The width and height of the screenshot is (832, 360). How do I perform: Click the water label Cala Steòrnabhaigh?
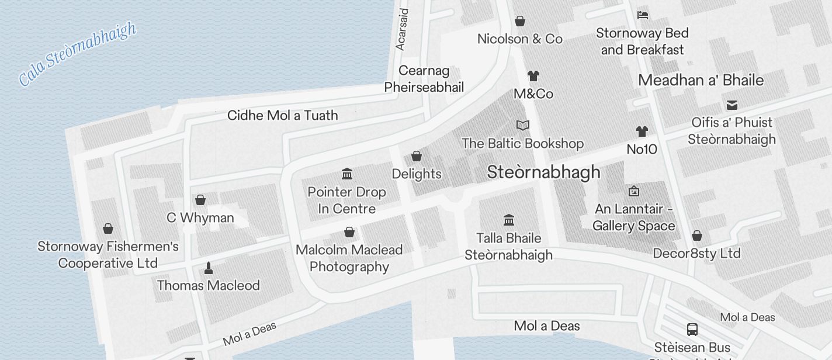(x=77, y=54)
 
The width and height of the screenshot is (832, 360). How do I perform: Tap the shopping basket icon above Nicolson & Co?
(x=520, y=22)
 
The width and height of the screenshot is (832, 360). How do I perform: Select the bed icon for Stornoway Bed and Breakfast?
(x=643, y=15)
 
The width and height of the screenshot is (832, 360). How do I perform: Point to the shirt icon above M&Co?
(x=533, y=76)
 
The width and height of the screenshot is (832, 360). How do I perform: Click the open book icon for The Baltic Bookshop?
(x=523, y=125)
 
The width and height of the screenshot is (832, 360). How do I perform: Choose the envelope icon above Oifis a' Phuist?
(x=732, y=105)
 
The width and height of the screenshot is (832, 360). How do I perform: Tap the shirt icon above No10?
(x=642, y=131)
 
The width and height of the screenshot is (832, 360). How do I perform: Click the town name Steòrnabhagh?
(x=543, y=172)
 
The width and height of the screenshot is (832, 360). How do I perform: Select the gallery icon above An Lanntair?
(x=634, y=191)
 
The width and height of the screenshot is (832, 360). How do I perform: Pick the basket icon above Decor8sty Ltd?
(x=696, y=236)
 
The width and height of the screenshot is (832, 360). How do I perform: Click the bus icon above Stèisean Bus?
(x=692, y=329)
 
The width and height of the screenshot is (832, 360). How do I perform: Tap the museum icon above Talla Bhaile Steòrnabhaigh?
(x=508, y=220)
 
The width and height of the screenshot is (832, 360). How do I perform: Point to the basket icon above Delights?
(x=417, y=156)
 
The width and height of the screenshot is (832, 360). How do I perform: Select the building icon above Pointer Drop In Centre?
(x=347, y=174)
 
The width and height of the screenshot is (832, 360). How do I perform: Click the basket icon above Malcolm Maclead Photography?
(x=349, y=232)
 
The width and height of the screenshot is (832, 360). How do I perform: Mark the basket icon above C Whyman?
(x=200, y=200)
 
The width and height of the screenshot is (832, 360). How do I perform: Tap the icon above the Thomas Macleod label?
(x=208, y=268)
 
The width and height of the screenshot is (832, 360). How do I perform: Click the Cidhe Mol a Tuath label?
(x=283, y=115)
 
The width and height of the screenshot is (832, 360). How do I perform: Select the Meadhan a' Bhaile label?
(x=701, y=80)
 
